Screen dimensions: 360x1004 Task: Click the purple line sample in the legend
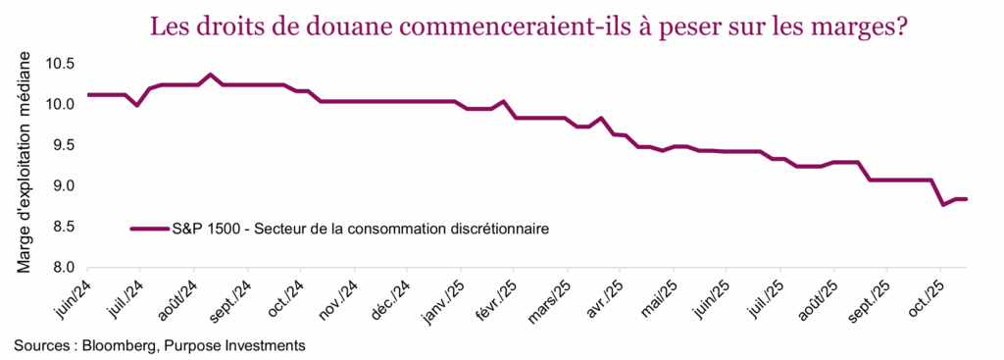point(149,230)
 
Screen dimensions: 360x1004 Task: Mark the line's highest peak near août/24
point(210,75)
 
